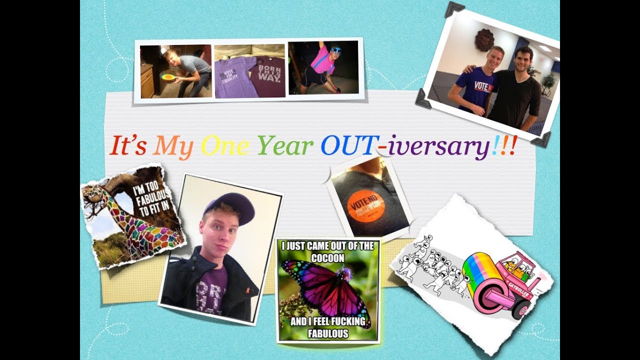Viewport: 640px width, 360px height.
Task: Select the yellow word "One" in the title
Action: (224, 145)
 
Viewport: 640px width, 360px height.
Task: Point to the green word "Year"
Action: (285, 145)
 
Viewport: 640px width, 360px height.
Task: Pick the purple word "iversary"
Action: (439, 146)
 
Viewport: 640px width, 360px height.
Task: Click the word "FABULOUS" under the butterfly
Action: (327, 333)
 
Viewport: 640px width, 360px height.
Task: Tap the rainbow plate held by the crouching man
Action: (168, 77)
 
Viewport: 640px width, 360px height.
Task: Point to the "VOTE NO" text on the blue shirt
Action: (483, 86)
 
